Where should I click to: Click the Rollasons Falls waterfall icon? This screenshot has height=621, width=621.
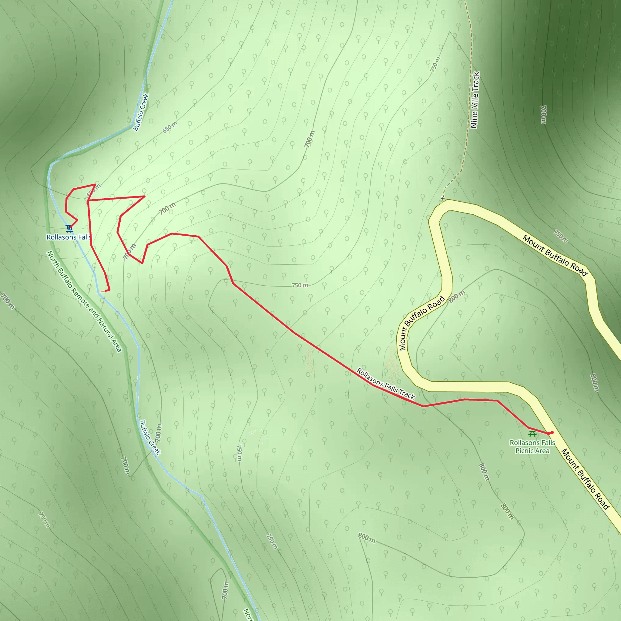(69, 229)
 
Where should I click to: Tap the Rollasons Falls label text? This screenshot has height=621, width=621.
(69, 237)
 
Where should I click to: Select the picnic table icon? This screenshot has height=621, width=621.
(532, 435)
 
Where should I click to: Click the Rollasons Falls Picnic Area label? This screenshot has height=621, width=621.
(532, 447)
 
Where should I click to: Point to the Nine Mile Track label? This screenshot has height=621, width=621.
(475, 100)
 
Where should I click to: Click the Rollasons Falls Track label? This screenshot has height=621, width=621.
(386, 384)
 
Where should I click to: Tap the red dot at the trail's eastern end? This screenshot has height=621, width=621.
(552, 433)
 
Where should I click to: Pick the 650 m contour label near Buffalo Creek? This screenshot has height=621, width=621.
(170, 127)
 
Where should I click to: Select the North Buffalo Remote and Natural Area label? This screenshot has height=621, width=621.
(84, 301)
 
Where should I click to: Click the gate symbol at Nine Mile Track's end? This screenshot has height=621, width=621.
(443, 198)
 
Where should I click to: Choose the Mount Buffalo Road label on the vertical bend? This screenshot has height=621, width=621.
(422, 323)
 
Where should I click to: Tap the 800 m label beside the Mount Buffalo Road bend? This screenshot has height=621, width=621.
(456, 296)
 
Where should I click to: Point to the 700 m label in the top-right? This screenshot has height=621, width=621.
(543, 114)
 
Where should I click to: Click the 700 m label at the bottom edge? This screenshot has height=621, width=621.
(225, 590)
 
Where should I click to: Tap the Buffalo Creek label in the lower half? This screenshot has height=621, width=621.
(150, 438)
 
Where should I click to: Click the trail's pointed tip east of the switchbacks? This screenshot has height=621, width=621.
(145, 196)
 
